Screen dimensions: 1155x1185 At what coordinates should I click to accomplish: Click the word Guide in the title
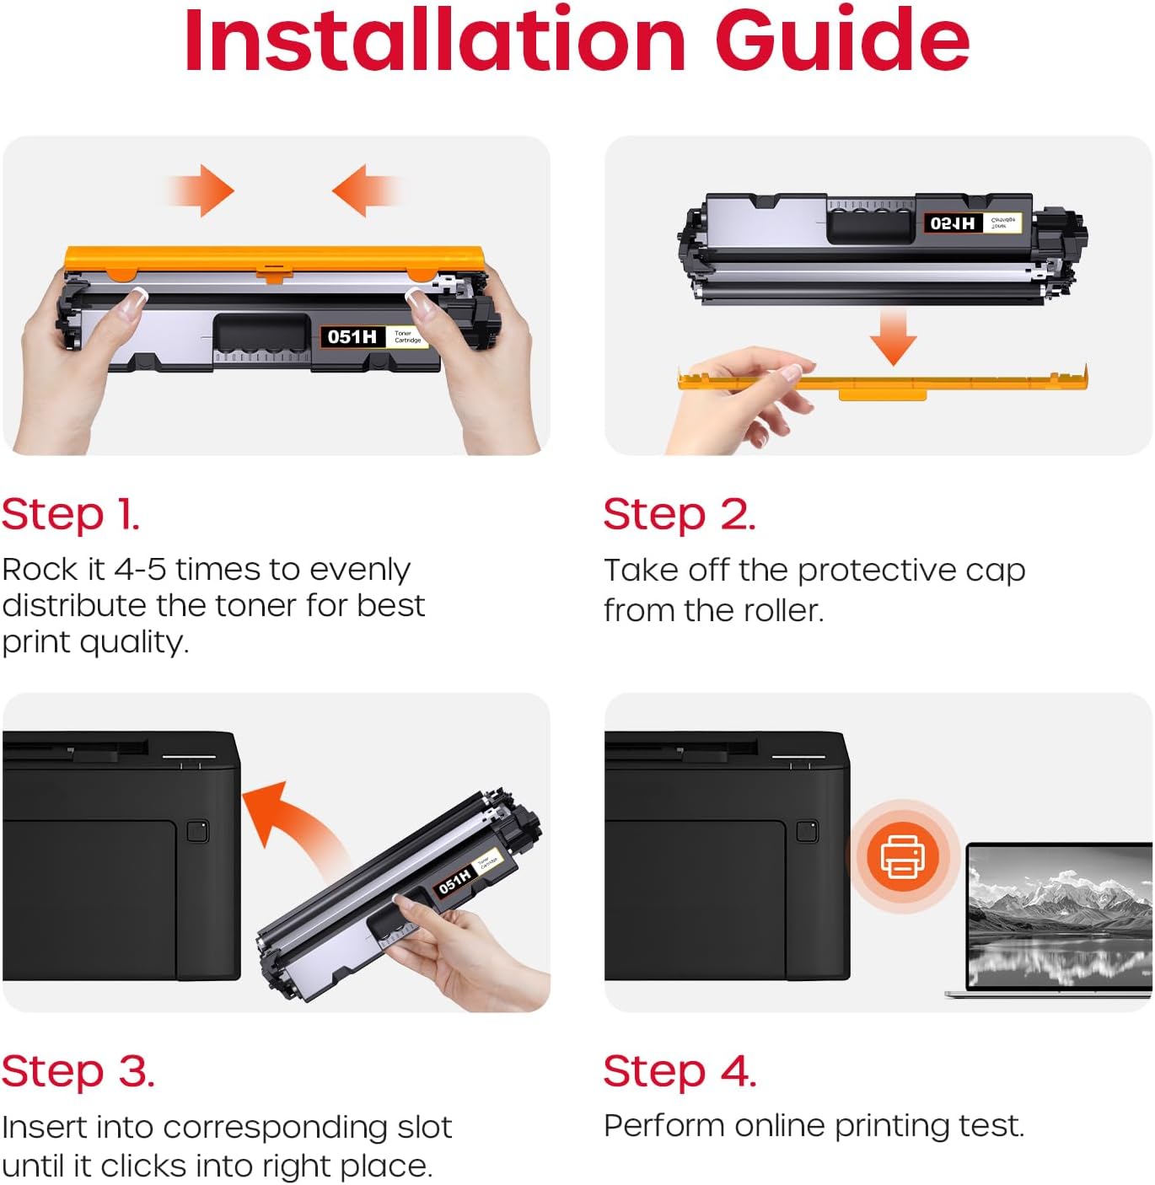(x=842, y=40)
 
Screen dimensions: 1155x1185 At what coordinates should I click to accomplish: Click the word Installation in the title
(x=435, y=40)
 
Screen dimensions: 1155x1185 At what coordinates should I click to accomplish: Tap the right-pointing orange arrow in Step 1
(x=200, y=190)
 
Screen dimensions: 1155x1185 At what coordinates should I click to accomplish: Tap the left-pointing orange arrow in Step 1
(x=367, y=190)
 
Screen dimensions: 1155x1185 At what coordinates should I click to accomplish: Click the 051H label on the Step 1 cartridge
(x=352, y=337)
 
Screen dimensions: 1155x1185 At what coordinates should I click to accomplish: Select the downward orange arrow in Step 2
(x=893, y=337)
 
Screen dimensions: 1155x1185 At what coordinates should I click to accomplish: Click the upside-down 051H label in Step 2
(x=952, y=223)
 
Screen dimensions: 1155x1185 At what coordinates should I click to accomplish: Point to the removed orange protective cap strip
(x=883, y=383)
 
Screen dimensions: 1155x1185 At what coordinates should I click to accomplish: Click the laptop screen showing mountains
(x=1061, y=914)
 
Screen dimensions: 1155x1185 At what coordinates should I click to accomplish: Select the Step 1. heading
(x=71, y=515)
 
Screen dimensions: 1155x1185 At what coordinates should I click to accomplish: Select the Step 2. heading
(x=680, y=515)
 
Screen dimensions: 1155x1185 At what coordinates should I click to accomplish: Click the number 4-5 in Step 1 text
(x=140, y=570)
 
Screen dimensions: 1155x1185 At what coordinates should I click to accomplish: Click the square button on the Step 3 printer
(x=197, y=831)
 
